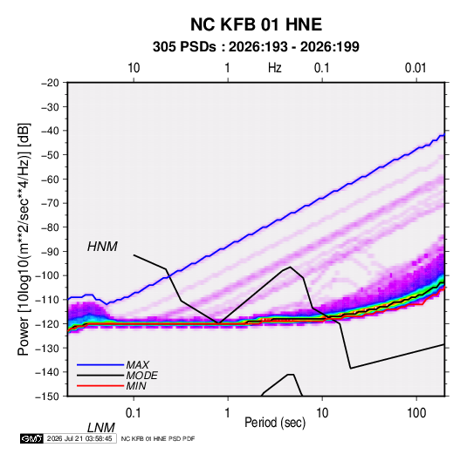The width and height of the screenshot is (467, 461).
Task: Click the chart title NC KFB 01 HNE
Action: point(256,24)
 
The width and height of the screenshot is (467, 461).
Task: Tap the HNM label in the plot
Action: point(102,247)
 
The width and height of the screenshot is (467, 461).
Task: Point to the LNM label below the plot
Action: point(101,428)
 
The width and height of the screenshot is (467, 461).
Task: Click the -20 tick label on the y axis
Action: point(50,83)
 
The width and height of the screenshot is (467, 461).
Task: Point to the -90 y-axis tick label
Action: point(50,252)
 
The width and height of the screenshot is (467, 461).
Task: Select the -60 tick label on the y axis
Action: point(50,179)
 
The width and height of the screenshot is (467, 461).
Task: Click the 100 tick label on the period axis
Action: point(416,413)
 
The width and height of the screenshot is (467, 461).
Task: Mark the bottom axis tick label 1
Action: point(228,413)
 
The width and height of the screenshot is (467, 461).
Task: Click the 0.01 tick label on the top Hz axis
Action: point(415,68)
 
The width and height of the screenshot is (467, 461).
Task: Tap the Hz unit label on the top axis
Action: point(275,68)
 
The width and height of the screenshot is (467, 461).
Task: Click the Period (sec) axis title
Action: point(275,423)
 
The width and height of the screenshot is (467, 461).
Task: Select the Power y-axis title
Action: point(24,240)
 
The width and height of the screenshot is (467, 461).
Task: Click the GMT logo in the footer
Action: point(31,438)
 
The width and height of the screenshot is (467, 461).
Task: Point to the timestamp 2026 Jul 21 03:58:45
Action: point(79,438)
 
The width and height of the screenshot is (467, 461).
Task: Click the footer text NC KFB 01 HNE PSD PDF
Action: point(158,438)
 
